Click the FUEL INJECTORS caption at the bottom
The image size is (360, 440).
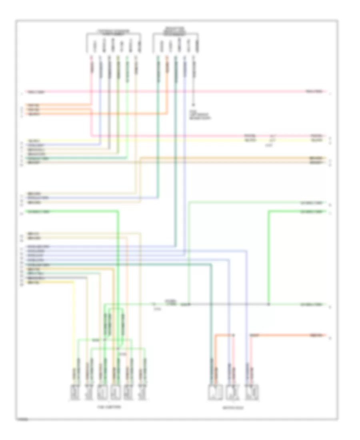(x=109, y=406)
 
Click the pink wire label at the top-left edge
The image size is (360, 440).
(x=36, y=92)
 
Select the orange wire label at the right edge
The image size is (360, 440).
(x=315, y=334)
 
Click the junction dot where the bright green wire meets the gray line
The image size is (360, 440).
(x=268, y=305)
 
